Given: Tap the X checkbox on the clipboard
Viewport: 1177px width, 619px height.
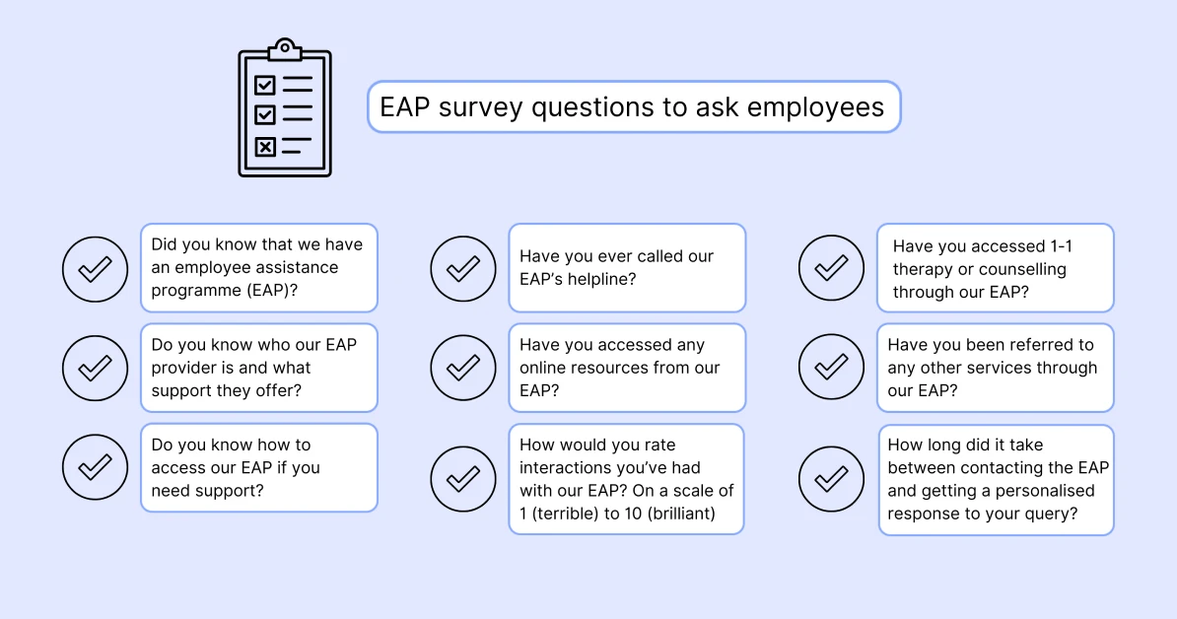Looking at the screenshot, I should point(265,147).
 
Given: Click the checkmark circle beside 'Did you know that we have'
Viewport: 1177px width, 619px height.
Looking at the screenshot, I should point(95,268).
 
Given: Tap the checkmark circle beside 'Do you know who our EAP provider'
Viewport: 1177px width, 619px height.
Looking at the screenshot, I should point(95,368).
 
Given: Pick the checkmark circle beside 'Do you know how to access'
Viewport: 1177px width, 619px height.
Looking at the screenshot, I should point(95,467).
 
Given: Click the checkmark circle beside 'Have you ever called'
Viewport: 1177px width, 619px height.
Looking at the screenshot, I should point(463,268).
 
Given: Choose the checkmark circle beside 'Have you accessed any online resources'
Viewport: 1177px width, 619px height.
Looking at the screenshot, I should point(463,368).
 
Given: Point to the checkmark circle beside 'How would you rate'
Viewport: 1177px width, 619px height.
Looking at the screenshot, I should point(463,479).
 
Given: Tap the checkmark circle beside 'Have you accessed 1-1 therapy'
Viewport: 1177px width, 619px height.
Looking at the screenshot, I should point(831,268).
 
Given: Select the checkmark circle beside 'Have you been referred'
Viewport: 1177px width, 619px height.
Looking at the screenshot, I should point(831,368).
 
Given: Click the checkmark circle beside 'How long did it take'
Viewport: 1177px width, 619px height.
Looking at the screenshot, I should point(831,479).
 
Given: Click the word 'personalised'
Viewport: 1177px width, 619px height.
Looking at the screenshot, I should point(1045,490).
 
